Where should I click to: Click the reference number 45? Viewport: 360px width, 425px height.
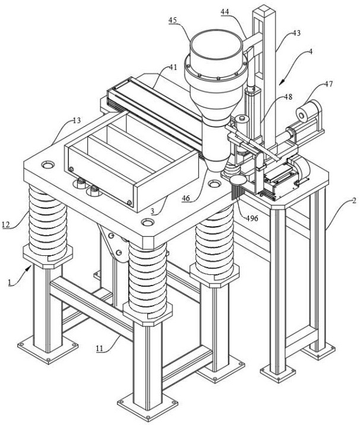[172, 20]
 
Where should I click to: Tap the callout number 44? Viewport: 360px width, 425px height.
[225, 12]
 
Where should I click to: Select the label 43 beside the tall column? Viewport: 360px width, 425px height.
[296, 33]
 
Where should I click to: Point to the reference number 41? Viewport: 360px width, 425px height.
[173, 67]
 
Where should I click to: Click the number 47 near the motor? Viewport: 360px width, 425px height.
[329, 84]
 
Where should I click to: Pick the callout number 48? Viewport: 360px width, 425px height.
[288, 97]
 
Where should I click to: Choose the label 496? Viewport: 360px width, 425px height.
[252, 218]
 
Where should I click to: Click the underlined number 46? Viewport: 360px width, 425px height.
[186, 198]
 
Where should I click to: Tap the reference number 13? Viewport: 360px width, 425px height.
[77, 120]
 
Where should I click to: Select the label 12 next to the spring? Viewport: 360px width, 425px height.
[6, 224]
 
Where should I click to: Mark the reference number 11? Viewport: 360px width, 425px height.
[100, 348]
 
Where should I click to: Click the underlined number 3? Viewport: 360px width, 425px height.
[153, 211]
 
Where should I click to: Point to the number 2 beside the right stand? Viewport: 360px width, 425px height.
[353, 201]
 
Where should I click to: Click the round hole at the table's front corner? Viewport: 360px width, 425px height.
[147, 223]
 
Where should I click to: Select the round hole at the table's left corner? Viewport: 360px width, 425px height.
[48, 164]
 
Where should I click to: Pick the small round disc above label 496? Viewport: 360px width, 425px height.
[238, 179]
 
